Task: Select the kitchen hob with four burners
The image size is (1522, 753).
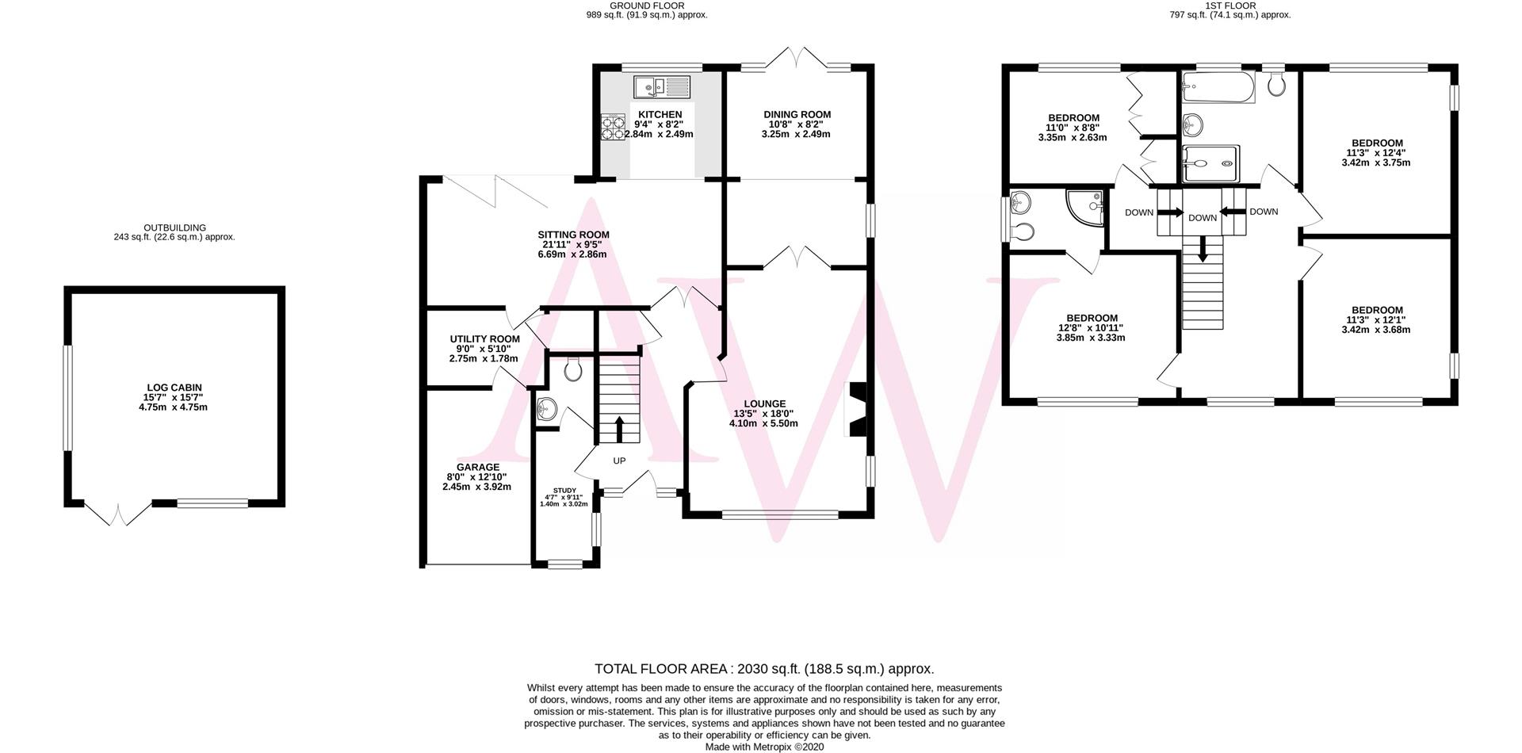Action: point(613,127)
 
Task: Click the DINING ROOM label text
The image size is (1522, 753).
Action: point(797,115)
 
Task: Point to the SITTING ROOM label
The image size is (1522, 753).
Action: point(573,235)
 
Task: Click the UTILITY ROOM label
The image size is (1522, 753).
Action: point(484,339)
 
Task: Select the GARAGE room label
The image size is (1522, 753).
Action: point(477,468)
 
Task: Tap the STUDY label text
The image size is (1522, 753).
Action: point(564,491)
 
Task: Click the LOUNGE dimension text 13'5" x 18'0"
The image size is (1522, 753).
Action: point(763,414)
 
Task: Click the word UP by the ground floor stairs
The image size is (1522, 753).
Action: point(619,461)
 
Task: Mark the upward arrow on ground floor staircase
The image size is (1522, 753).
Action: point(619,430)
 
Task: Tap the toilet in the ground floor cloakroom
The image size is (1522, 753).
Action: point(573,369)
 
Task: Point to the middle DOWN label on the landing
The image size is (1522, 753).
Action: point(1202,218)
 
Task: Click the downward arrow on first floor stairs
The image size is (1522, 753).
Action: point(1203,250)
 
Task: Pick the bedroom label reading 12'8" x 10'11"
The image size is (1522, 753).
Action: point(1091,327)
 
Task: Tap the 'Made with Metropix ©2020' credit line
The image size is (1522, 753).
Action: point(764,747)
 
